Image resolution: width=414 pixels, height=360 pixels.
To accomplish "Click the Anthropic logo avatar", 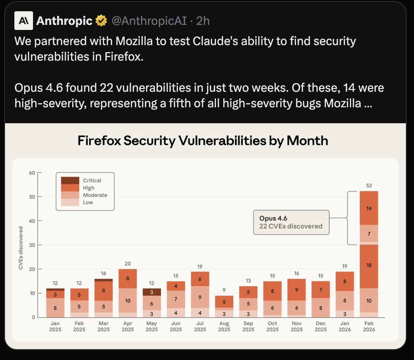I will (x=23, y=21).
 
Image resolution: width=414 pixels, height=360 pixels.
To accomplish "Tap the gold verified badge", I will (x=102, y=21).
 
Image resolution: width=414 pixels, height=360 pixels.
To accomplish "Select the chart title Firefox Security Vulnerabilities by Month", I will (x=203, y=140).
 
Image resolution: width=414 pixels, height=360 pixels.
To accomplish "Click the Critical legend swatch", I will (x=70, y=180).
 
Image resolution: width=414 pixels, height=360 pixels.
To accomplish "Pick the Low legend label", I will (x=88, y=203).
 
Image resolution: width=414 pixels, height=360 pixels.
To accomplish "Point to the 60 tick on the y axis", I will (x=32, y=173).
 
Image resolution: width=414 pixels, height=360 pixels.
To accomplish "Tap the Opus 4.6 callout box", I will (x=291, y=222).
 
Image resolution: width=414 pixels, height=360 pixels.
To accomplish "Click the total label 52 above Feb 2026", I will (x=369, y=185).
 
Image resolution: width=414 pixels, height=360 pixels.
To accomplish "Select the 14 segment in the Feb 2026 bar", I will (x=369, y=208).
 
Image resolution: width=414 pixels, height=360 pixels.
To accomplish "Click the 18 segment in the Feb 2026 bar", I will (x=369, y=265).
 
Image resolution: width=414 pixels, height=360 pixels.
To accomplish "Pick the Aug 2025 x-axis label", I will (x=224, y=327).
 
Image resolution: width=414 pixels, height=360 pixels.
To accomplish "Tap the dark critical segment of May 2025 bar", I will (x=152, y=292).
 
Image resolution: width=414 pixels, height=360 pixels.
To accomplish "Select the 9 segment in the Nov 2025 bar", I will (x=297, y=290).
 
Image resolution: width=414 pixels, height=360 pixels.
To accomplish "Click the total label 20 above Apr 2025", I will (x=128, y=264).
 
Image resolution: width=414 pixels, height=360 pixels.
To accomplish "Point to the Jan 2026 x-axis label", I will (x=345, y=327).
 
